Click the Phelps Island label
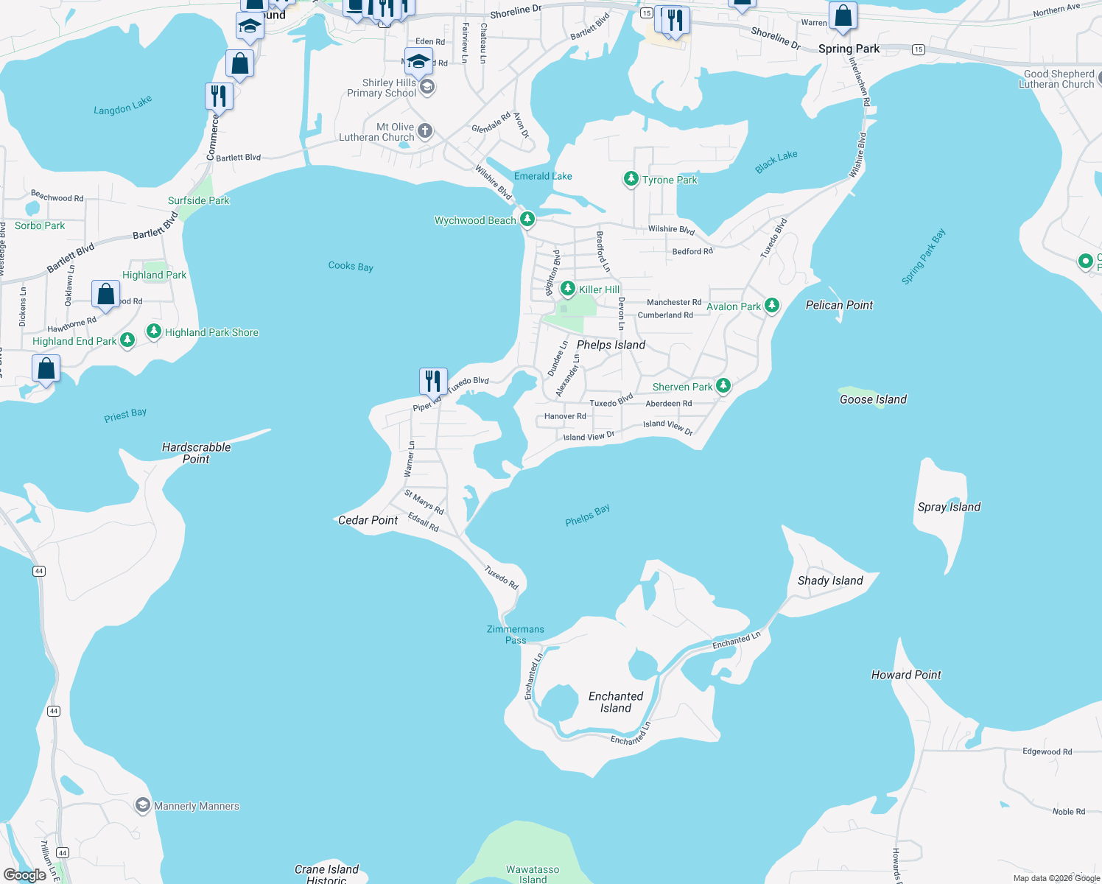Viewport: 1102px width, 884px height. coord(611,345)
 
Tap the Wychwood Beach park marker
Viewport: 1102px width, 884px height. coord(527,219)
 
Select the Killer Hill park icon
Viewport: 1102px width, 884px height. coord(567,288)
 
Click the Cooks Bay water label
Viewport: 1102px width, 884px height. coord(351,266)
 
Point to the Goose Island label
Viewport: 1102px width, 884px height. coord(873,399)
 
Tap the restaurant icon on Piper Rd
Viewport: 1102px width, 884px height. coord(433,381)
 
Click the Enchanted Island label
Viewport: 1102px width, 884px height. coord(616,702)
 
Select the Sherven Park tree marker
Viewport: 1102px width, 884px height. coord(723,385)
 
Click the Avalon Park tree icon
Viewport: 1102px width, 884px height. coord(771,305)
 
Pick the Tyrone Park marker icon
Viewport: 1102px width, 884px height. coord(631,178)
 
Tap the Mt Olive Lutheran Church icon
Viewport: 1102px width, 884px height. coord(425,131)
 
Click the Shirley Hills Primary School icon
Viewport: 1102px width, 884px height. coord(427,87)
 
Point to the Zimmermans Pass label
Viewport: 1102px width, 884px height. coord(516,634)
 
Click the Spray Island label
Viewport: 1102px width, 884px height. coord(949,507)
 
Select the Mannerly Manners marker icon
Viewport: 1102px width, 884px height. coord(143,805)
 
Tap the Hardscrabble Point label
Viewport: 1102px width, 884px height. coord(196,453)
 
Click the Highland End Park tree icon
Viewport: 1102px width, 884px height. coord(127,340)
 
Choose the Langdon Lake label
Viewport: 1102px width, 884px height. coord(123,105)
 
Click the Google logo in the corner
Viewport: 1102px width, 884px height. coord(25,874)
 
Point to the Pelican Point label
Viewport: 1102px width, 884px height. coord(839,305)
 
